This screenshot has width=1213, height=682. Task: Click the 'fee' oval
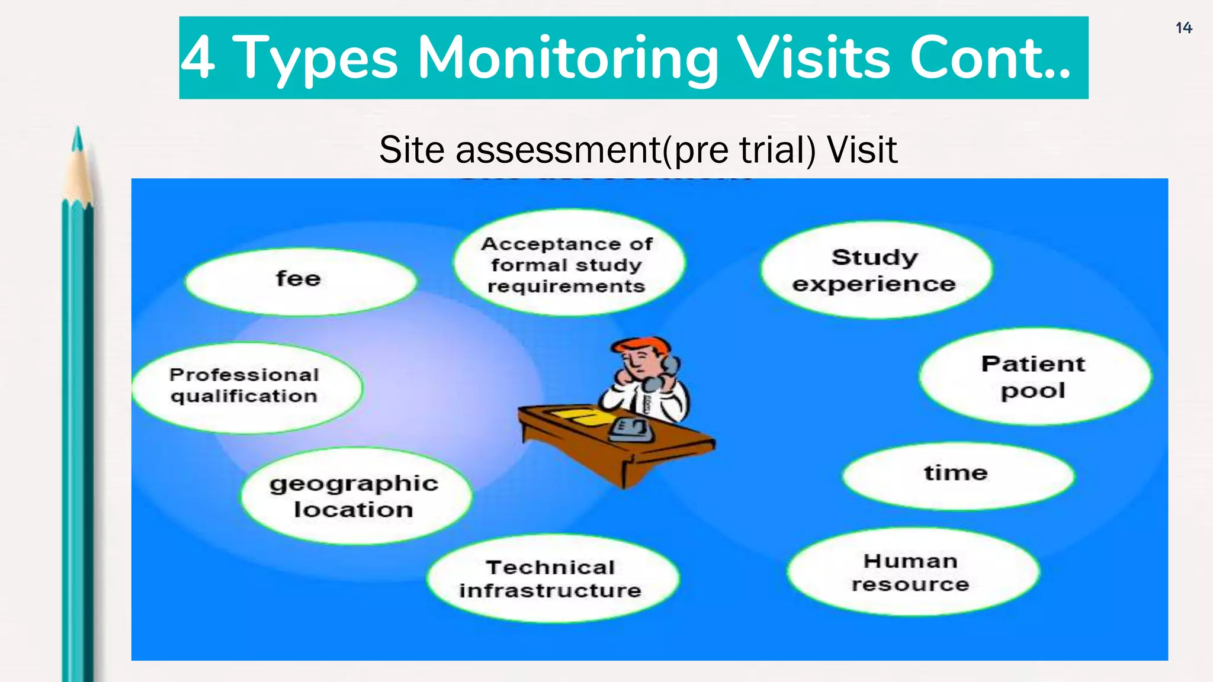tap(300, 281)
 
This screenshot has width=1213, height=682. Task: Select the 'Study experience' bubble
tap(875, 271)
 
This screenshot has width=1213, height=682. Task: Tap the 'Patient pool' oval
tap(1034, 377)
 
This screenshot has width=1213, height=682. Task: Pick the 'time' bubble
tap(957, 475)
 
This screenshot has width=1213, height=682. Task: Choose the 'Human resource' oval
tap(912, 572)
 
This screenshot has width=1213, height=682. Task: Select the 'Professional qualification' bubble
tap(246, 387)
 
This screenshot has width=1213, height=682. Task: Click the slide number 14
tap(1183, 28)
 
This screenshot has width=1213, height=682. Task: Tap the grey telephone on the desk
tap(631, 429)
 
